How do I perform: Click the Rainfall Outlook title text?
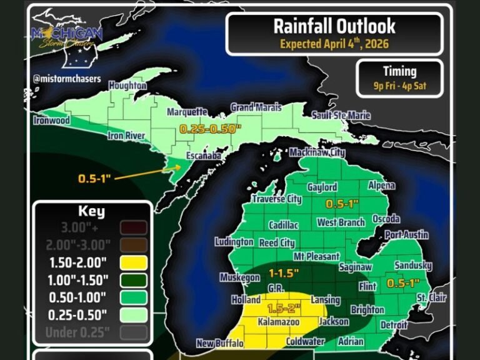(x=334, y=26)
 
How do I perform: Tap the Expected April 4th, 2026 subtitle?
(x=334, y=44)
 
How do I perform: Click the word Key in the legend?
(x=91, y=211)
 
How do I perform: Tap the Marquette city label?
(x=187, y=112)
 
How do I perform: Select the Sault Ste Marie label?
(x=341, y=116)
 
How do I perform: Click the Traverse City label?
(x=277, y=199)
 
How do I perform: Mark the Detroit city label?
(x=394, y=325)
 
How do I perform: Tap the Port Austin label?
(x=406, y=235)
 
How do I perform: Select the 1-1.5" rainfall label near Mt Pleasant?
(x=284, y=273)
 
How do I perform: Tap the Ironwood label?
(x=52, y=120)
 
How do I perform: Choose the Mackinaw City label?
(x=317, y=152)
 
